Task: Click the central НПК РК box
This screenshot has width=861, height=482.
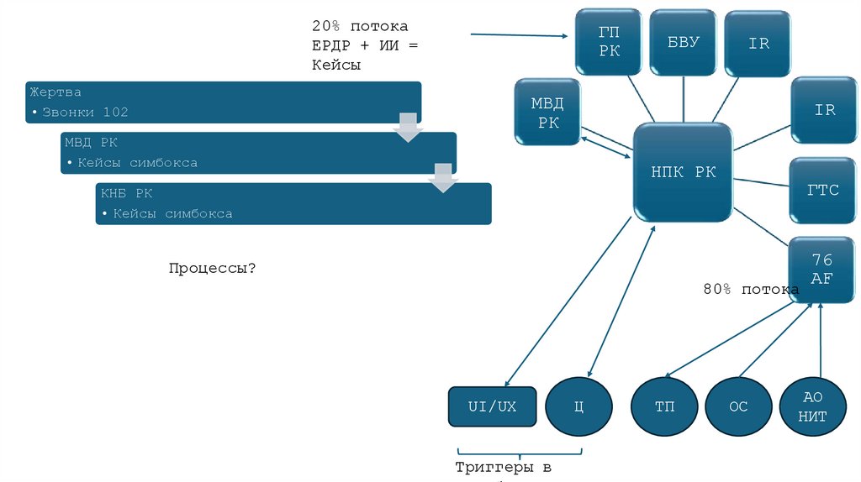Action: (x=683, y=172)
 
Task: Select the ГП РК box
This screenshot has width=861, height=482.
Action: (x=609, y=41)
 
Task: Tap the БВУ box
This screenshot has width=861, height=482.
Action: (x=683, y=42)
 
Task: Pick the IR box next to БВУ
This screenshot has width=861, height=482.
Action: (x=758, y=43)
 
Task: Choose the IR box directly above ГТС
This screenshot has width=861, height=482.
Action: (x=823, y=110)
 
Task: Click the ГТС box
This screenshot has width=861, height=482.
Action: (x=823, y=190)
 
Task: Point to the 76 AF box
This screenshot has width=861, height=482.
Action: (x=821, y=269)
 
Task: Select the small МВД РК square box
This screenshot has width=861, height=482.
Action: (x=547, y=113)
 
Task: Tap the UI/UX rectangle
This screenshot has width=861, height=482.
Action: (x=493, y=406)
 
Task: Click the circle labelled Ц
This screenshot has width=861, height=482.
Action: (x=578, y=407)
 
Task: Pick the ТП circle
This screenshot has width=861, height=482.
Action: (x=664, y=407)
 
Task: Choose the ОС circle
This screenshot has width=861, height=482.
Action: (x=737, y=407)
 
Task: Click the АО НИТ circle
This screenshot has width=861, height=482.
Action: (x=813, y=407)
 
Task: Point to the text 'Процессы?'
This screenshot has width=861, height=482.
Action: (x=212, y=268)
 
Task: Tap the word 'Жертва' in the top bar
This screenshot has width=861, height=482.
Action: (x=55, y=92)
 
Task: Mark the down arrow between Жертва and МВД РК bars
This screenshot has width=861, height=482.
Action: (x=409, y=126)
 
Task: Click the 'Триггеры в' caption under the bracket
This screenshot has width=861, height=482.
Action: (x=503, y=467)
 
